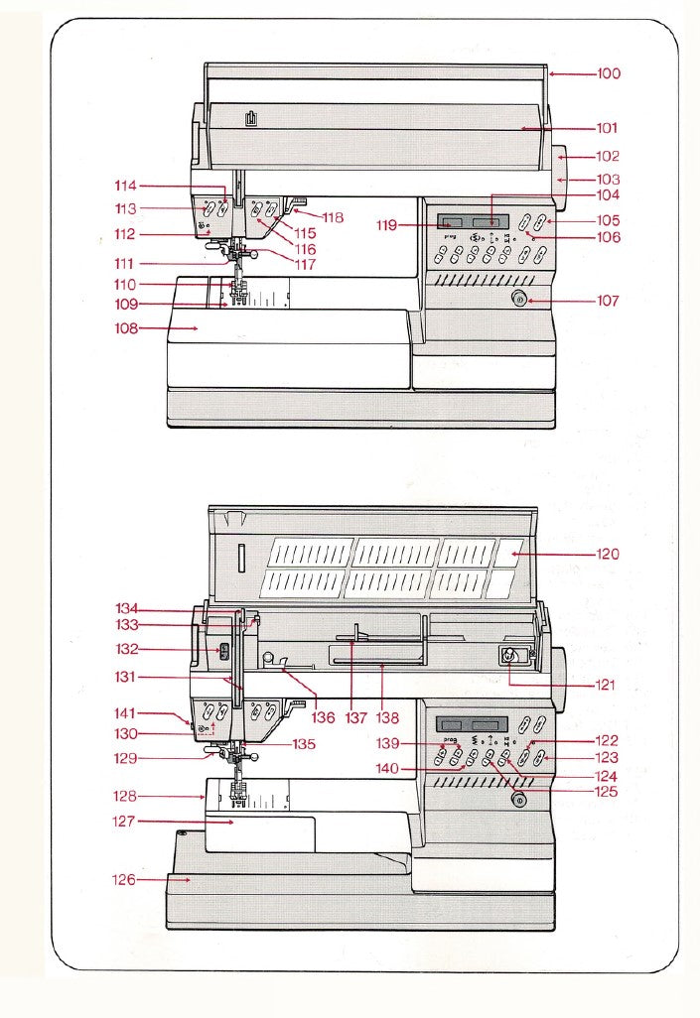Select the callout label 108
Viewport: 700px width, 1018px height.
pos(124,327)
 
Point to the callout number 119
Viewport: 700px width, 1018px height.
pos(388,225)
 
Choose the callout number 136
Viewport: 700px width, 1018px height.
pos(323,716)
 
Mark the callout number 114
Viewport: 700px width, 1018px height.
pos(125,186)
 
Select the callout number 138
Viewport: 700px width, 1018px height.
pos(387,716)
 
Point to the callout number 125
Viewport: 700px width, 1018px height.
pos(604,792)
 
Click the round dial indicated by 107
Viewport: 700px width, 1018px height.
pos(518,300)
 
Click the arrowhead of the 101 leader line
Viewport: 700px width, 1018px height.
pos(523,128)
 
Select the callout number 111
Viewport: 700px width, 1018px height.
pos(124,263)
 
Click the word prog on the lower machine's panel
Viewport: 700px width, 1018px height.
pos(451,740)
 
